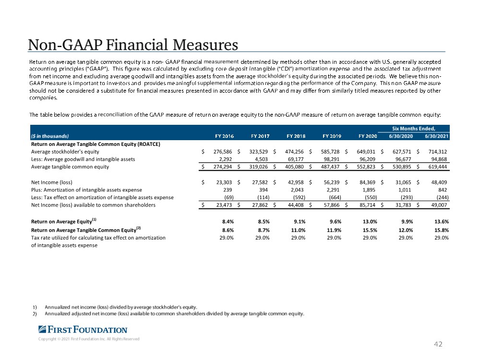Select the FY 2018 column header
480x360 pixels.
pyautogui.click(x=296, y=135)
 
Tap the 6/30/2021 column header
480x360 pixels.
pyautogui.click(x=436, y=135)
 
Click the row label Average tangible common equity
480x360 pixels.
pyautogui.click(x=70, y=167)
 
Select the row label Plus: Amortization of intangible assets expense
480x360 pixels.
pyautogui.click(x=86, y=190)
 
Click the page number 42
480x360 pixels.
pyautogui.click(x=437, y=344)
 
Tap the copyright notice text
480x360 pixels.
pyautogui.click(x=89, y=339)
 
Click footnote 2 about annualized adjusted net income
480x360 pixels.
pyautogui.click(x=174, y=314)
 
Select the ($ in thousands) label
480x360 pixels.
pyautogui.click(x=50, y=135)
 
